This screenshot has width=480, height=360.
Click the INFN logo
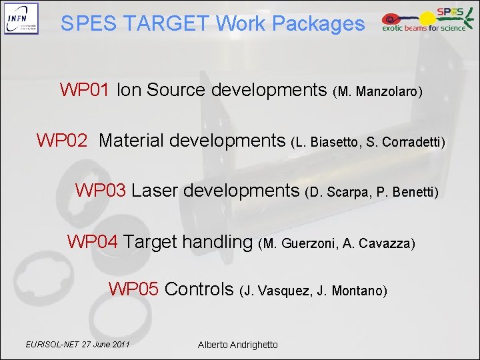[x=21, y=19]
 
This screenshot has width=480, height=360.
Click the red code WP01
[x=85, y=90]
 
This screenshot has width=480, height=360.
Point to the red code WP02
[x=62, y=141]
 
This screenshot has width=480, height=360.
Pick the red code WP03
[x=101, y=191]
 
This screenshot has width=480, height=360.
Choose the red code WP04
[x=93, y=241]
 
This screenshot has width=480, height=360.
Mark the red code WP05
[x=133, y=289]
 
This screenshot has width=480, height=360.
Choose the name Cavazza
[x=386, y=243]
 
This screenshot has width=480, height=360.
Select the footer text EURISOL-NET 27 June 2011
[x=77, y=344]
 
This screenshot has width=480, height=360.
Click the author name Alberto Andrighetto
[x=238, y=345]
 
